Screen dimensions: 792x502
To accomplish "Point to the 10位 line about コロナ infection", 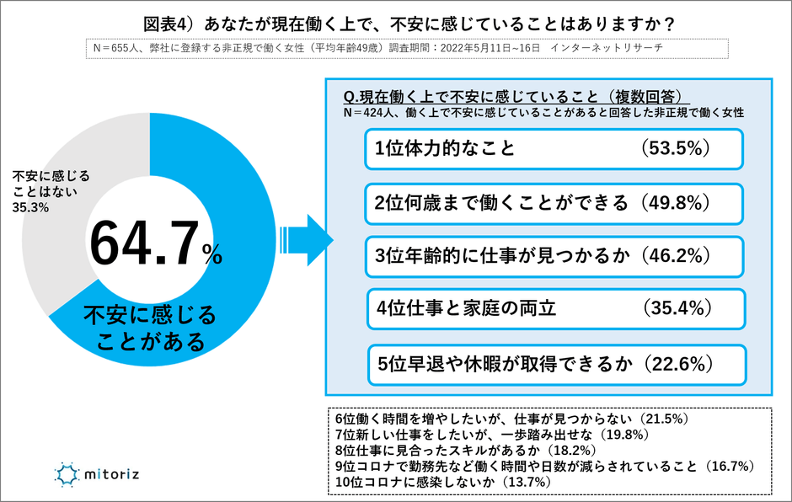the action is tap(442, 482).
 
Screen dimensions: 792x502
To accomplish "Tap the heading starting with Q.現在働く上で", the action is tap(517, 95).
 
